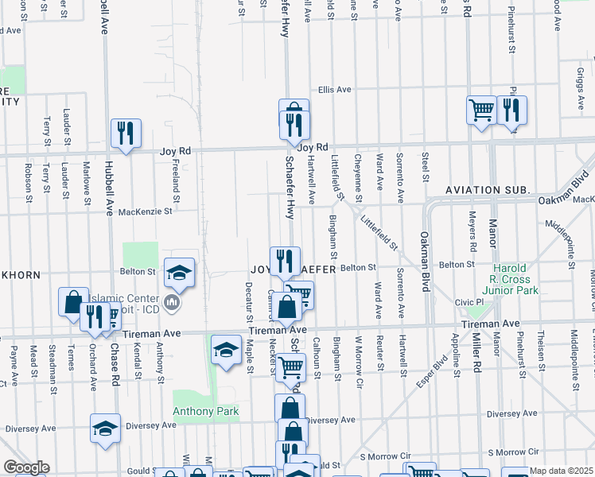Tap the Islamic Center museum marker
pos(172,302)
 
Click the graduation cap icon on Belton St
pos(180,272)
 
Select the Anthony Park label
pos(206,411)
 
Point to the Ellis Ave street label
pos(335,90)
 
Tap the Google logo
pos(26,467)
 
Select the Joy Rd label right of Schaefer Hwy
pos(313,148)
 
